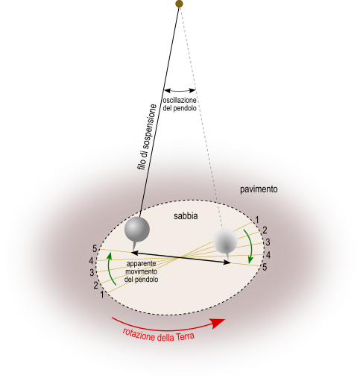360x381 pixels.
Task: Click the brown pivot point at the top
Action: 179,4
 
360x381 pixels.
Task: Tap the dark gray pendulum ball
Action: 137,229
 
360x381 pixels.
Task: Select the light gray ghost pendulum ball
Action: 225,241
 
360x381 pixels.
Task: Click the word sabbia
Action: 186,216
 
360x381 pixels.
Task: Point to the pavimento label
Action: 259,189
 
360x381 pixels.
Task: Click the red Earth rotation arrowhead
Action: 218,323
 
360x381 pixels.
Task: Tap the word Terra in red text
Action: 185,337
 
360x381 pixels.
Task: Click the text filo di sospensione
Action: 147,137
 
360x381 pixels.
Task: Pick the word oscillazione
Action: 180,101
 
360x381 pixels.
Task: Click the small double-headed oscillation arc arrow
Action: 180,91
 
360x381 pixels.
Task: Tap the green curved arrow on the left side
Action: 110,268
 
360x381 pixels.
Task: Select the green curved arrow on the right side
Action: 249,245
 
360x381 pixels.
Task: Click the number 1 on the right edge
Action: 257,220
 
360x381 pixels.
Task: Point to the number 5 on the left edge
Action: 95,248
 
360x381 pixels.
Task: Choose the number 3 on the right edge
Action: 268,242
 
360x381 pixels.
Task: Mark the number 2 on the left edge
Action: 95,286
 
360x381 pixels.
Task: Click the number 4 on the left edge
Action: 91,261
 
